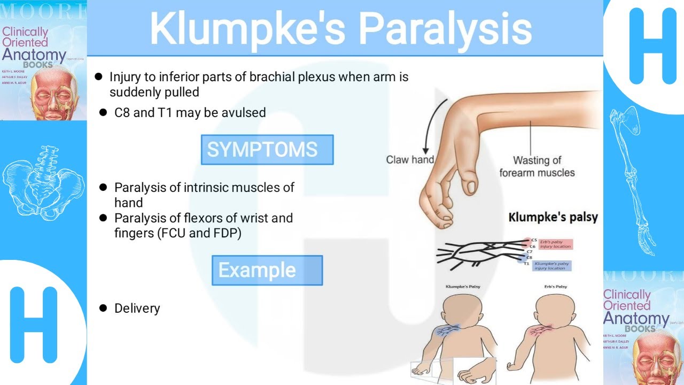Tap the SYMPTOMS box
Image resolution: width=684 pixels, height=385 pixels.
[x=267, y=150]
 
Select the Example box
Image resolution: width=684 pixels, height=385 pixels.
[x=267, y=270]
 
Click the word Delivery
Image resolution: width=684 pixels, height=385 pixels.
[x=137, y=309]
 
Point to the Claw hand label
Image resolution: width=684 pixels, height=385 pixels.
[x=410, y=159]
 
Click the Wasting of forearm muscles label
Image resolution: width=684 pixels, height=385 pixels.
[x=537, y=166]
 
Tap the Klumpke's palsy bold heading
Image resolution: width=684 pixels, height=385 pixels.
[x=553, y=218]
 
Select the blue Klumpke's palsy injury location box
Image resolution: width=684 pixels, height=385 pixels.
[x=551, y=266]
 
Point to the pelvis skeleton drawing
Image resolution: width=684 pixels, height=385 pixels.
[x=43, y=176]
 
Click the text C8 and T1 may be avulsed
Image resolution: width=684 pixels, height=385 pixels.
[x=190, y=113]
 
